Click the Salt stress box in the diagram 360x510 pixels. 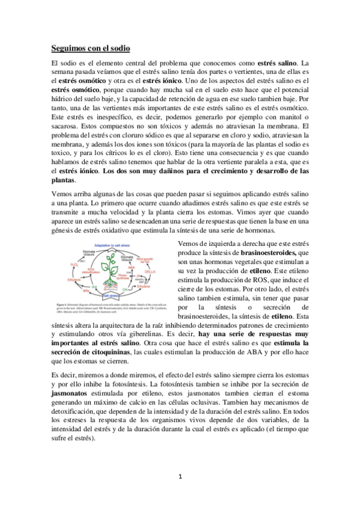click(x=114, y=296)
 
